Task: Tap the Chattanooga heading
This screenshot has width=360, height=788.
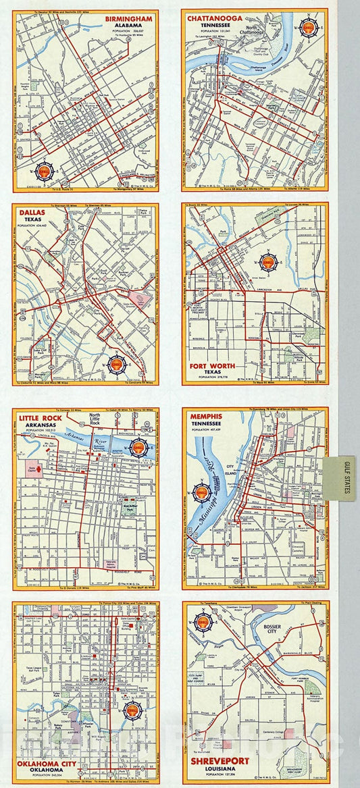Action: (x=218, y=17)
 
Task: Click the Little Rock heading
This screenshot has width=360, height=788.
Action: (x=45, y=417)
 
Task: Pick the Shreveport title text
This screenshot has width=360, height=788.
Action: (x=220, y=761)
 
